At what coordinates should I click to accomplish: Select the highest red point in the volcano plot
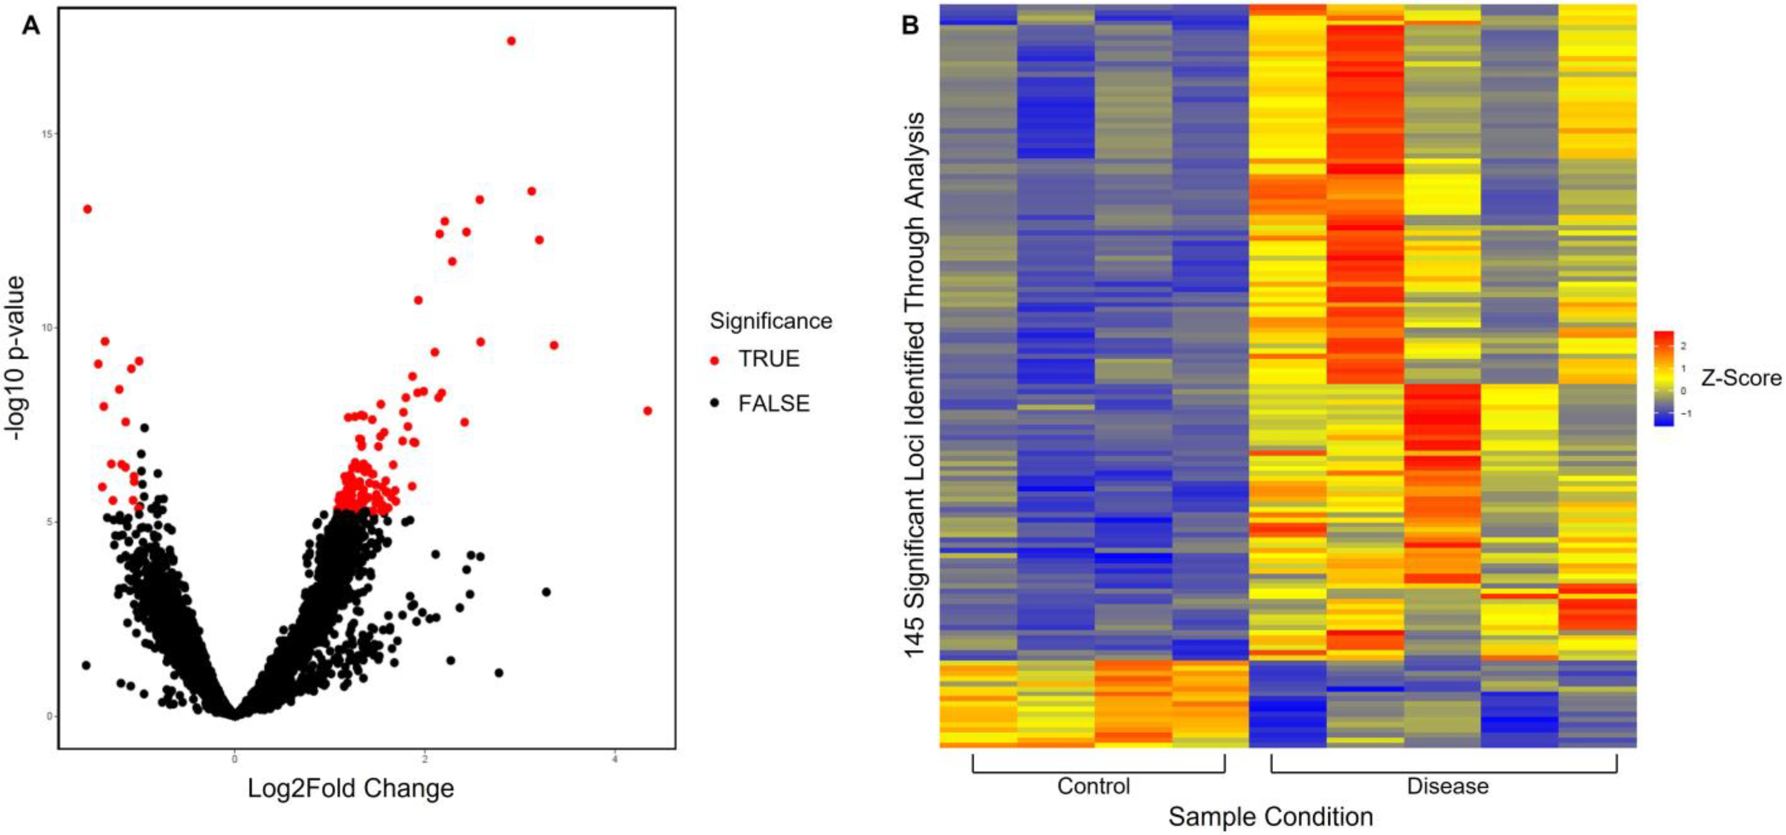[x=511, y=41]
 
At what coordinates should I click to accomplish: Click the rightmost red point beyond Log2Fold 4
[x=648, y=410]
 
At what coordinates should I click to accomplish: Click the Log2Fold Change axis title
[x=351, y=788]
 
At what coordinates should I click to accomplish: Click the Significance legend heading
[x=770, y=321]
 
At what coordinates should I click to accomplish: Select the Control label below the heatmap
[x=1093, y=786]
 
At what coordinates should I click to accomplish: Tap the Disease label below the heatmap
[x=1448, y=786]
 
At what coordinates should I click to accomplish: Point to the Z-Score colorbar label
[x=1740, y=378]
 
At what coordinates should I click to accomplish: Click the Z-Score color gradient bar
[x=1663, y=378]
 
